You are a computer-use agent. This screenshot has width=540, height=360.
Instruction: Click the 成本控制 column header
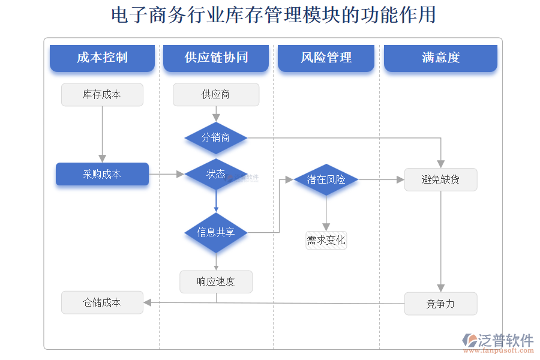102,58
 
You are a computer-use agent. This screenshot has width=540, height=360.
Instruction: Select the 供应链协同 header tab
216,58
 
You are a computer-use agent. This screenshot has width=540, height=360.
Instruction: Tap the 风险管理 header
326,58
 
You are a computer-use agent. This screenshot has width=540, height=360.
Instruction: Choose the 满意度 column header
440,58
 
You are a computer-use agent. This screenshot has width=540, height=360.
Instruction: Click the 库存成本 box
102,95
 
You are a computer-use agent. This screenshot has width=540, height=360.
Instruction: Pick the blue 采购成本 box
102,174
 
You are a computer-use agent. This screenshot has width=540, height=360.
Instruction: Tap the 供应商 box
216,95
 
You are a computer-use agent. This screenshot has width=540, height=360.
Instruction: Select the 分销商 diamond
216,138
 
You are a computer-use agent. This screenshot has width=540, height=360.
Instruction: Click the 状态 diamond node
216,174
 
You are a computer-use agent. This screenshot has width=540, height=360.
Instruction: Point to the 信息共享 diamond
216,232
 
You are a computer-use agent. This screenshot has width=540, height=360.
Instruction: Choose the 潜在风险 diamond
326,179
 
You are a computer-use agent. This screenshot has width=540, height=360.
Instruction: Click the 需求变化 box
326,241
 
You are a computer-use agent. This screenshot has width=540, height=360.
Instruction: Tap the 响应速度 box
216,281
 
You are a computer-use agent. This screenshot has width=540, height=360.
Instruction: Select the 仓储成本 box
102,303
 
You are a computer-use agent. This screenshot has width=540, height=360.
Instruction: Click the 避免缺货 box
440,179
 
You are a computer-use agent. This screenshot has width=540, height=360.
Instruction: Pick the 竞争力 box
440,304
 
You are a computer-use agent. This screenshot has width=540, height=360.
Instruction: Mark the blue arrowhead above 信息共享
216,209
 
